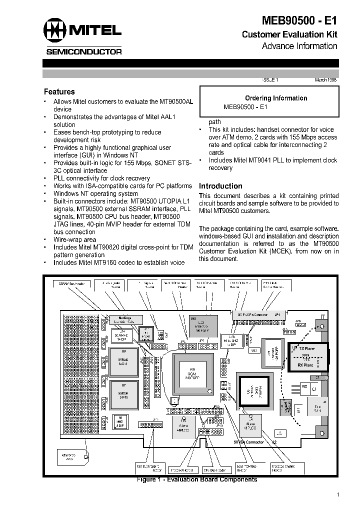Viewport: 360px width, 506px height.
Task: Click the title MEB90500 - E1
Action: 299,21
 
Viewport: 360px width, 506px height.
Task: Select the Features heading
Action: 59,92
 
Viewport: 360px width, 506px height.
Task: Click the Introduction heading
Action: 220,186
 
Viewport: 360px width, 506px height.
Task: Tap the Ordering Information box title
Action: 275,98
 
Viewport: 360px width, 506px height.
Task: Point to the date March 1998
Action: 325,79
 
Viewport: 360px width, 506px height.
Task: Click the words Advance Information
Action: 299,46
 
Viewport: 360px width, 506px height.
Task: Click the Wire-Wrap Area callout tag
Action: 73,457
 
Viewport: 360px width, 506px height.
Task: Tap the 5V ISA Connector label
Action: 248,442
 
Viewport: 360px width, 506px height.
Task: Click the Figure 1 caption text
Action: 197,479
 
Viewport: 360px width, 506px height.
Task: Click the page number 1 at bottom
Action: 338,494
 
